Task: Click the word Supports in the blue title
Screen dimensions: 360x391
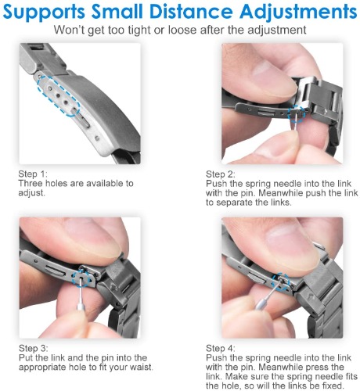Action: tap(45, 13)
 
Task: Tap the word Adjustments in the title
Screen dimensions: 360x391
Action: tap(298, 13)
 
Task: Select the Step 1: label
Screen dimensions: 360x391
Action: tap(33, 174)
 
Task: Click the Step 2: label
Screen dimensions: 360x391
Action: tap(221, 174)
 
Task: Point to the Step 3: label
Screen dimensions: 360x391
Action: tap(34, 348)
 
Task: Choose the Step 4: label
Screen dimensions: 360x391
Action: tap(221, 348)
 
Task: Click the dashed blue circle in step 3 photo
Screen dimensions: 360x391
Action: tap(74, 278)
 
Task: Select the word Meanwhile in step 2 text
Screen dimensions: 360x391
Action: tap(281, 193)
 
